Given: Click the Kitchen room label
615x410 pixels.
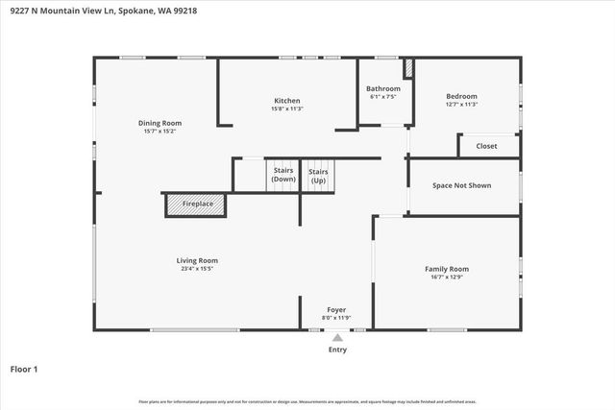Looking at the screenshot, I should coord(287,101).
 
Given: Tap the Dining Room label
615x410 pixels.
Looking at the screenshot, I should coord(160,123).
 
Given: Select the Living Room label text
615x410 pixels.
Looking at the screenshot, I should coord(197,260).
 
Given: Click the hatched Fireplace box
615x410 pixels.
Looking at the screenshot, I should coord(196,205).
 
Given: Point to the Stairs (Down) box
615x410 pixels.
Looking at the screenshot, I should coord(283,175).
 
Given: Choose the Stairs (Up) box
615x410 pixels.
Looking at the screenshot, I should coord(318,175).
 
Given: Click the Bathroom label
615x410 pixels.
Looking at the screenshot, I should coord(382,88).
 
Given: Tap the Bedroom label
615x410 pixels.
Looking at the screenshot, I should coord(461,96).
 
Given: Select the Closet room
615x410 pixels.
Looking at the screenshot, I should coord(486,146).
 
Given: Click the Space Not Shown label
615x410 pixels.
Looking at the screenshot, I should coord(461,184).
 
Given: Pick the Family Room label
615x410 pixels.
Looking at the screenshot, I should coord(447,269).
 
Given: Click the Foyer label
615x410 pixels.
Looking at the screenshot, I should coord(336,309).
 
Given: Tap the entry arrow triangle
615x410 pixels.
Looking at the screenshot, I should coord(337,337).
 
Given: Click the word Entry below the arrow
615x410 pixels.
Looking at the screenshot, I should coord(337,350).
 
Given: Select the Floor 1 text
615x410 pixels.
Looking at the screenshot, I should coord(23,369).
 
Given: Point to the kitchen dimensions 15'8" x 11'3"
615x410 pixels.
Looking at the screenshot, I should coord(287,109).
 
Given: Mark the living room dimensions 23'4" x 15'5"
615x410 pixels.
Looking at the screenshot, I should coord(197,269).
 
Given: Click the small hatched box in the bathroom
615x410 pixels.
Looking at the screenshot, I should coord(407,70).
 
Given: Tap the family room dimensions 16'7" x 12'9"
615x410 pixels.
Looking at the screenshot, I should coord(447,277).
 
